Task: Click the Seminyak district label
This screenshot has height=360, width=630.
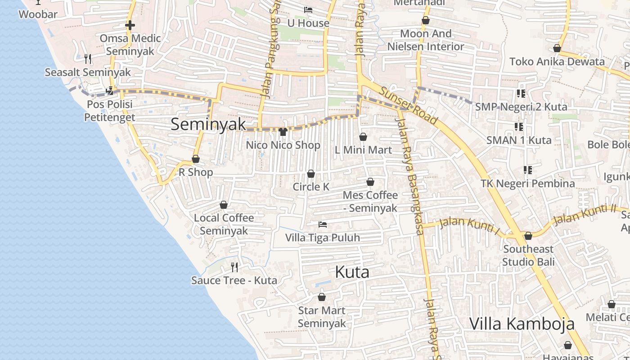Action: [208, 125]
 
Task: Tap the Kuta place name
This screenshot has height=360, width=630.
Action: [352, 272]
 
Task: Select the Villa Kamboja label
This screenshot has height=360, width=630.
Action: [522, 324]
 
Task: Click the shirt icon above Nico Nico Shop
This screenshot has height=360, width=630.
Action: [283, 132]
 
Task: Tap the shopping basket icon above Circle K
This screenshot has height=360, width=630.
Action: [311, 174]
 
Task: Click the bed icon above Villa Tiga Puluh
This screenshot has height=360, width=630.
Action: [323, 224]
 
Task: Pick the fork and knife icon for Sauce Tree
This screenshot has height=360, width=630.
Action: [234, 267]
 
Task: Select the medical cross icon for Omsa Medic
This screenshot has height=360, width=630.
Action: [130, 25]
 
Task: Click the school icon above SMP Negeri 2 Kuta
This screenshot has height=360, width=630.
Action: [521, 94]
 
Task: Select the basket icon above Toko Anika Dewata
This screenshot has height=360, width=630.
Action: [557, 48]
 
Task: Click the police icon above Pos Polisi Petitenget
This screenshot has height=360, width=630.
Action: [110, 91]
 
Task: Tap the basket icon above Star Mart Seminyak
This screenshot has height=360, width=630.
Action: [322, 297]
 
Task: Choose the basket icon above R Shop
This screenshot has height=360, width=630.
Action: [196, 159]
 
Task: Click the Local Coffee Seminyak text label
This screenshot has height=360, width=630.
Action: [224, 224]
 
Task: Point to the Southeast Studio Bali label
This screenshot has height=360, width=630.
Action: [528, 255]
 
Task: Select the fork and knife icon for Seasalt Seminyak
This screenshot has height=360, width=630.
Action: [88, 58]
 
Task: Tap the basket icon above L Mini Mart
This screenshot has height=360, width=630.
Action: [363, 137]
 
